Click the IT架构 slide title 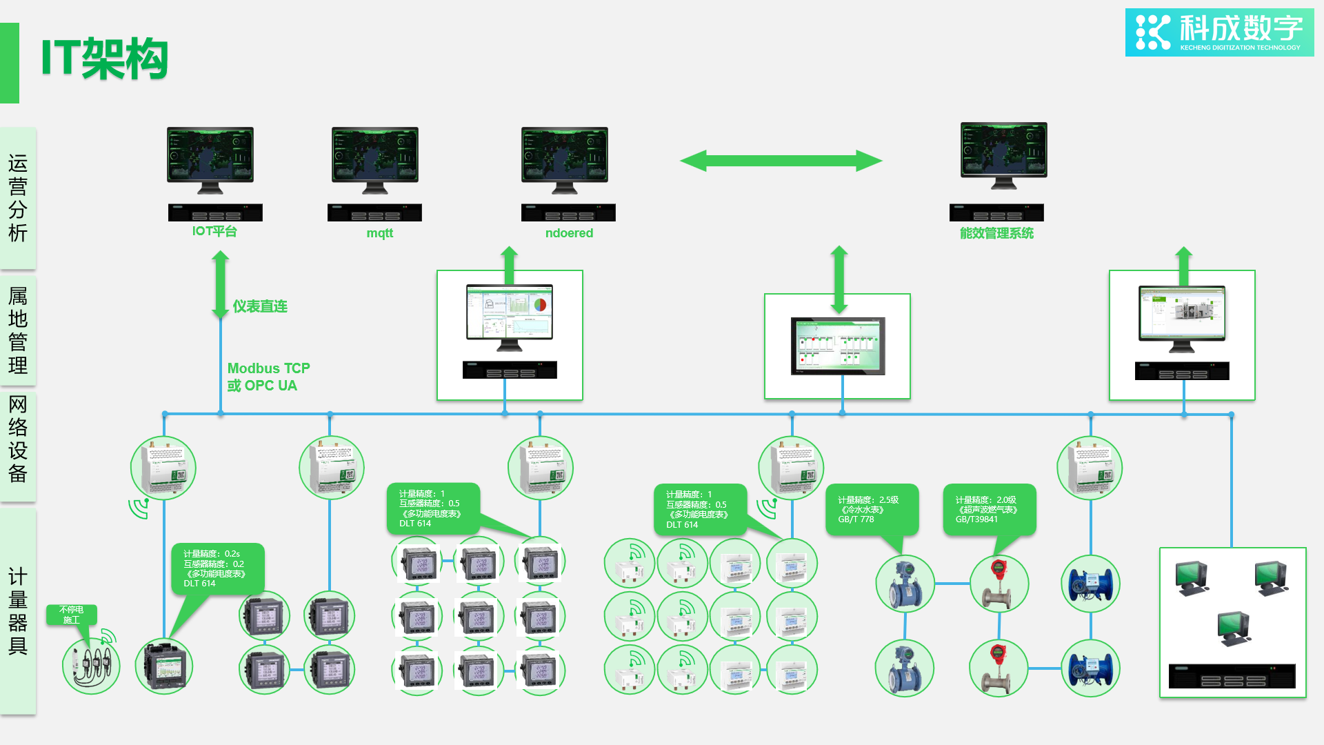105,59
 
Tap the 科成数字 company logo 1219,32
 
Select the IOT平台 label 214,232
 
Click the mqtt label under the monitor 379,233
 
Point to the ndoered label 569,233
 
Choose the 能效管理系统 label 996,233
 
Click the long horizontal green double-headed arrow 781,161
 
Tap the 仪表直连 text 260,306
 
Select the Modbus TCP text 269,368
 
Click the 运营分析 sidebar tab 18,198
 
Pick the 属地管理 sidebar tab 18,330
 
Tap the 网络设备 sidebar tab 18,439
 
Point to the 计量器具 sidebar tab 18,611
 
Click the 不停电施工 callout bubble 72,615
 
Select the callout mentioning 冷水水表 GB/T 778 872,509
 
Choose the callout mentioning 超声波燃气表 989,509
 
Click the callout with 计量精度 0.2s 217,568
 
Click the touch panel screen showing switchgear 838,346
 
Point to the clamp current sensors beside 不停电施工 92,666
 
